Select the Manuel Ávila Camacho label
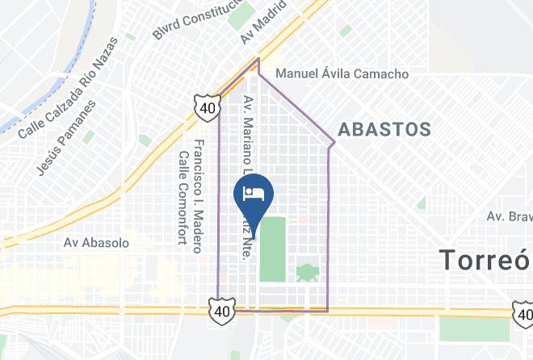(x=342, y=73)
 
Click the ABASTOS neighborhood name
(x=384, y=128)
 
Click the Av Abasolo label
(x=96, y=241)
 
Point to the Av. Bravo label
(x=508, y=216)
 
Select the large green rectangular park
(x=273, y=249)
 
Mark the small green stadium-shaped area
(x=308, y=272)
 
